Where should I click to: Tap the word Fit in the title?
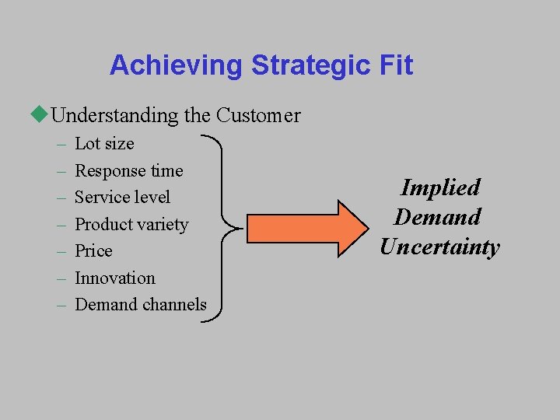pyautogui.click(x=394, y=65)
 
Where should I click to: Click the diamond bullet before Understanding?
pyautogui.click(x=40, y=115)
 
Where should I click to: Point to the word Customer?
pyautogui.click(x=258, y=116)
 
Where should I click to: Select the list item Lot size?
pyautogui.click(x=104, y=144)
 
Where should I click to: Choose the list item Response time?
pyautogui.click(x=128, y=170)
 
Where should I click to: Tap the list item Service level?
pyautogui.click(x=122, y=198)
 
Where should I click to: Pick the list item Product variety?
pyautogui.click(x=131, y=225)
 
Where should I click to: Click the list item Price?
pyautogui.click(x=93, y=251)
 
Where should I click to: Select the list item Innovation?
pyautogui.click(x=114, y=278)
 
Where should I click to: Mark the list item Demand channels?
pyautogui.click(x=141, y=305)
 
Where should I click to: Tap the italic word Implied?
pyautogui.click(x=440, y=187)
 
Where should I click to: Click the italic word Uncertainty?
pyautogui.click(x=439, y=247)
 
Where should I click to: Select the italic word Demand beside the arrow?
pyautogui.click(x=437, y=217)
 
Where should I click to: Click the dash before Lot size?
pyautogui.click(x=61, y=145)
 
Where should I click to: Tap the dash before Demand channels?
pyautogui.click(x=61, y=305)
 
